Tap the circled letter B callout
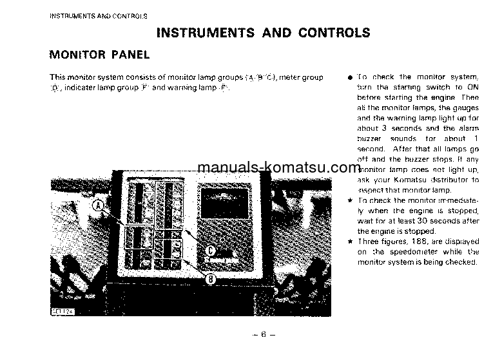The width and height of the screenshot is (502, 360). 211,279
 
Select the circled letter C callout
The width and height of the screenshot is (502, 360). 211,252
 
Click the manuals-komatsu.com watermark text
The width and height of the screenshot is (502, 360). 278,168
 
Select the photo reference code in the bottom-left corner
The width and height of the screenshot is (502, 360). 63,311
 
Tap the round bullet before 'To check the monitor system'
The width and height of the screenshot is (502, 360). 349,77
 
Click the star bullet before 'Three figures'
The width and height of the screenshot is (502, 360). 349,242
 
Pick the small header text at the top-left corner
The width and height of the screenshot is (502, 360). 99,15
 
